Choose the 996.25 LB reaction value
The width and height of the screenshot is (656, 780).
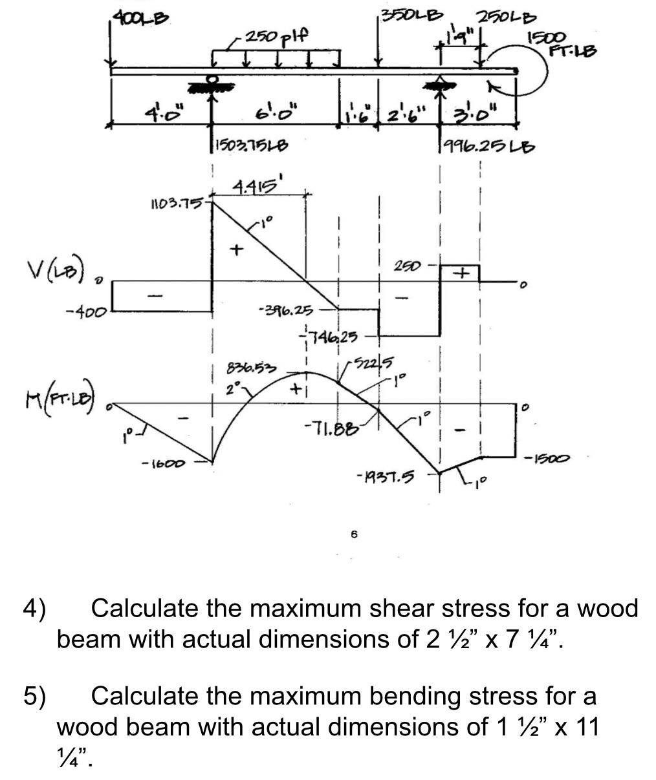click(487, 146)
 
